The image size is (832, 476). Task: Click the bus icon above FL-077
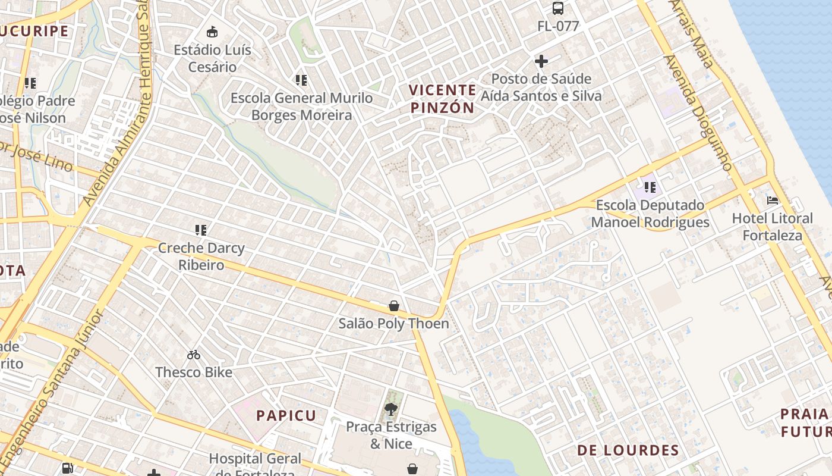[557, 8]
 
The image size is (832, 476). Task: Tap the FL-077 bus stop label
[557, 26]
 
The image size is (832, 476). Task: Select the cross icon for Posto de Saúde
[541, 61]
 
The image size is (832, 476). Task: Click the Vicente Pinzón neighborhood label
[442, 99]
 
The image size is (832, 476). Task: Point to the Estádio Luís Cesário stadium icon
[212, 32]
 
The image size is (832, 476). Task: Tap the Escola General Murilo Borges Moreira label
[301, 107]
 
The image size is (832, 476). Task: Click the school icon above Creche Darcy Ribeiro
[201, 230]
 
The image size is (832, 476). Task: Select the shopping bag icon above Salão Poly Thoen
[393, 306]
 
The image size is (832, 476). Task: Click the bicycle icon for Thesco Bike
[194, 355]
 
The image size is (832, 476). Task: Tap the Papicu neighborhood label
[286, 415]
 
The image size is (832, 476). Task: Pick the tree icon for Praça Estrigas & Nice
[391, 409]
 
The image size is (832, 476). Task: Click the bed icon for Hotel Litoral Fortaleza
[772, 201]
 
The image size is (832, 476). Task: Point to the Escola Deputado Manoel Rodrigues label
[650, 214]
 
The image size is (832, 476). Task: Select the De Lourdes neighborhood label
[628, 450]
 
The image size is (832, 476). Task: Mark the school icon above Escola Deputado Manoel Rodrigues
[650, 187]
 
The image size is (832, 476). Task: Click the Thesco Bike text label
[194, 372]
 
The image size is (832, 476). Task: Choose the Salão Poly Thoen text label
[393, 324]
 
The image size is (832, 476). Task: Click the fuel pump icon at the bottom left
[68, 468]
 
